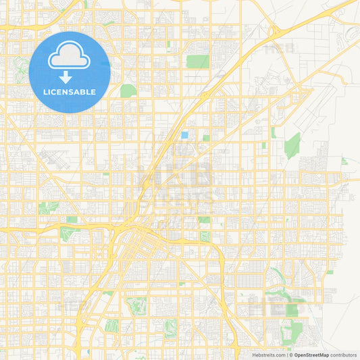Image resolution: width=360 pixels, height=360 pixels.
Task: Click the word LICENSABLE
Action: (x=70, y=92)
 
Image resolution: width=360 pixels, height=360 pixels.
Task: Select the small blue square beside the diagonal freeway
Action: (x=184, y=135)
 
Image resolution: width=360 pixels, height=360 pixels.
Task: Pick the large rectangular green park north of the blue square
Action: (x=197, y=61)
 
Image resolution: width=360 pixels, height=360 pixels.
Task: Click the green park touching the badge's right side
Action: (x=128, y=91)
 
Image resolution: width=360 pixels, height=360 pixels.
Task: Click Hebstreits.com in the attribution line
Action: (x=268, y=355)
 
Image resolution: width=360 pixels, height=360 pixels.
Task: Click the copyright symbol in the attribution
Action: (x=291, y=355)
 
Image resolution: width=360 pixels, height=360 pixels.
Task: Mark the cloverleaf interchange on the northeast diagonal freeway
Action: (x=275, y=31)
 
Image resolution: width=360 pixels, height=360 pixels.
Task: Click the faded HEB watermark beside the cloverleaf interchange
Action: (x=279, y=49)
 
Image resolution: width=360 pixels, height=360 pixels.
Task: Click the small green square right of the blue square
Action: (x=206, y=138)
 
